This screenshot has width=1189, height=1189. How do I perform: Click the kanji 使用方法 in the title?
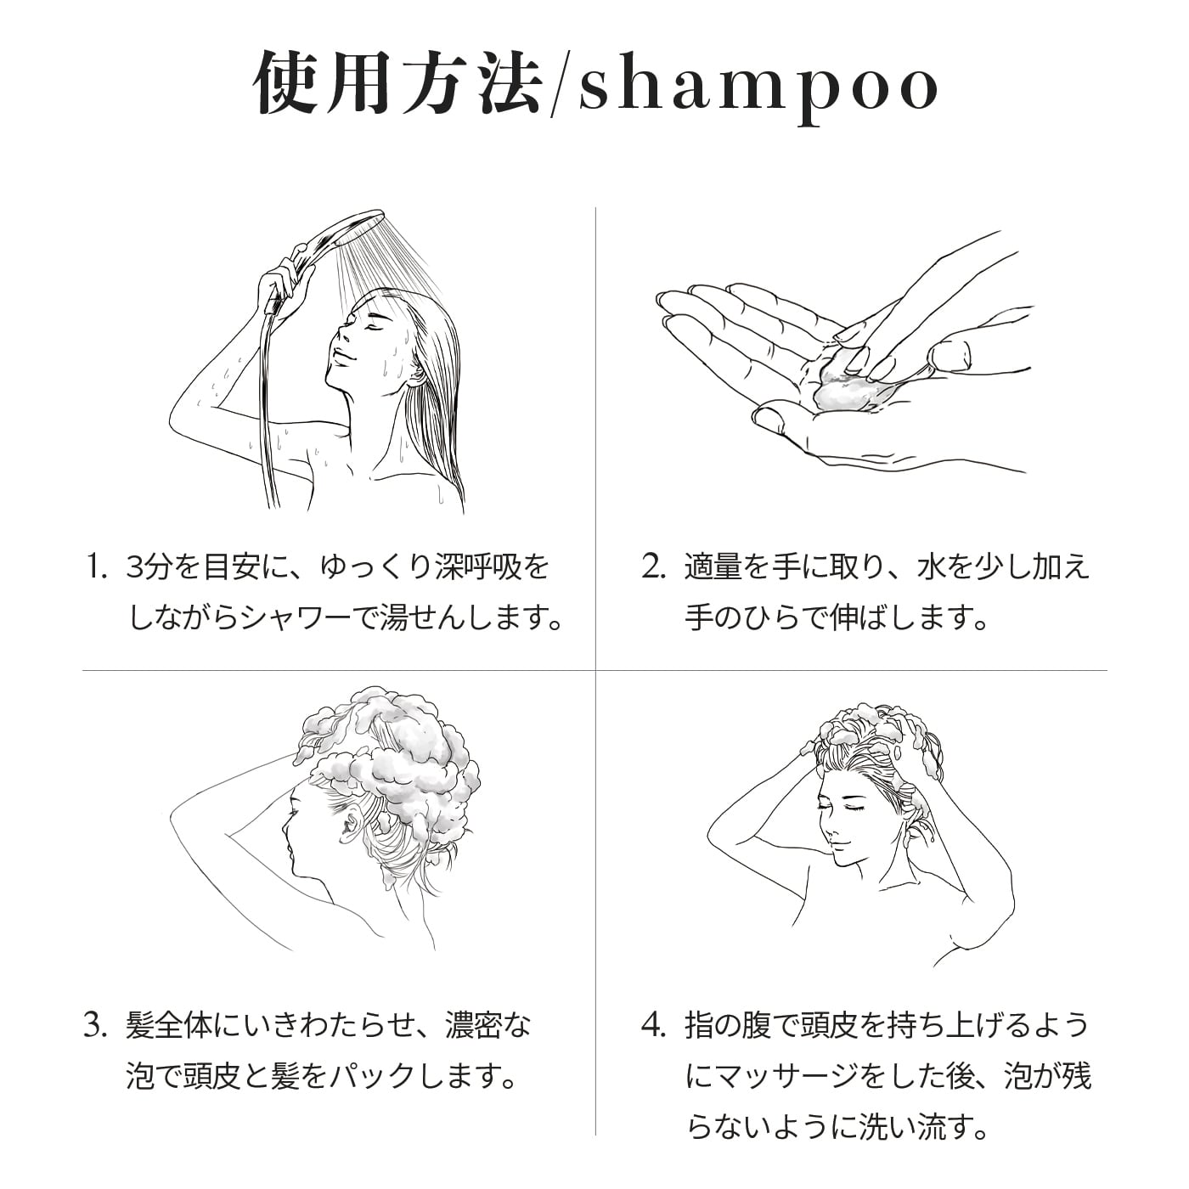397,85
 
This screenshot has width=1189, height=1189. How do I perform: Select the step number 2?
653,568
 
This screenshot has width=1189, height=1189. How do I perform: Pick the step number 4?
653,1027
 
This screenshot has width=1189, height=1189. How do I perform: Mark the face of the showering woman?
357,340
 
